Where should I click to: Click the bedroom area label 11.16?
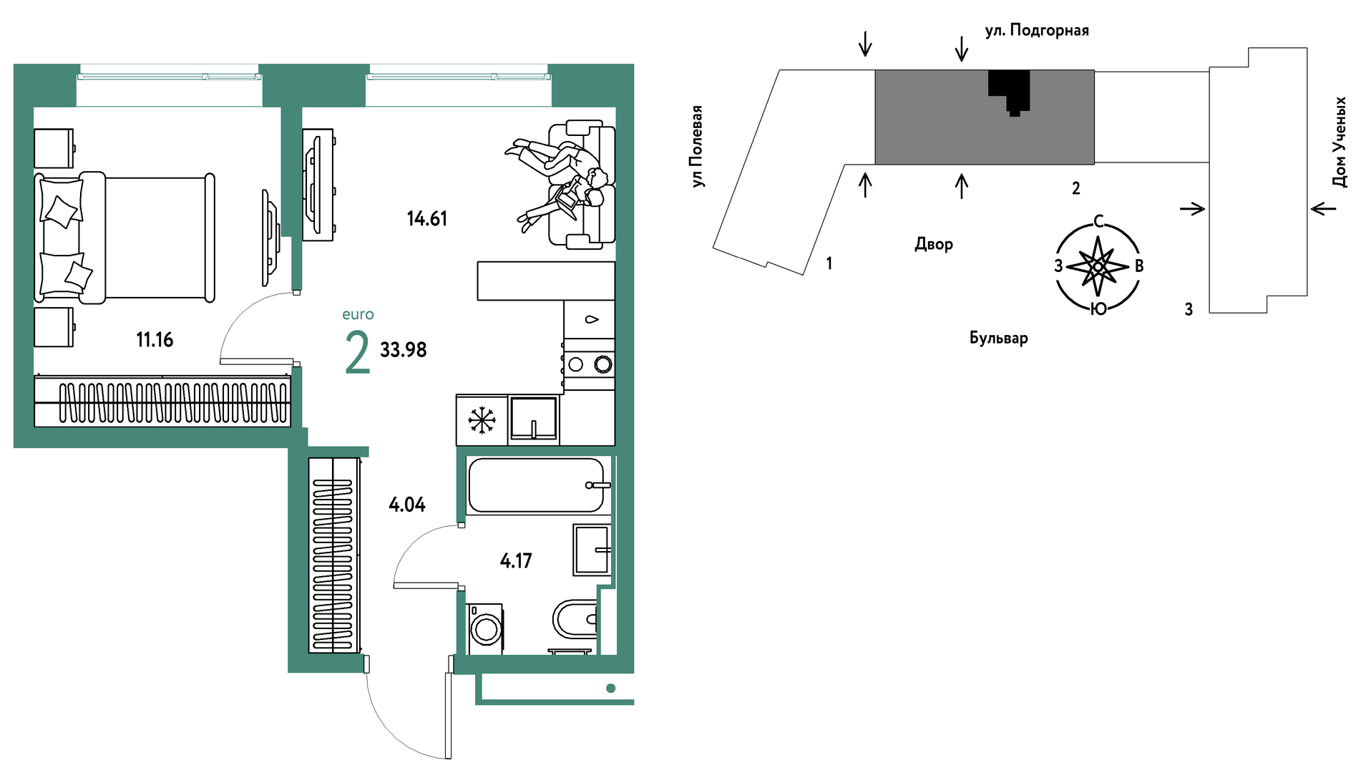pos(155,339)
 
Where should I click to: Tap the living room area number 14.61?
pos(427,218)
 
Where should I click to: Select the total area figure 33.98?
pos(404,349)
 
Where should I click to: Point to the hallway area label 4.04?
pos(407,505)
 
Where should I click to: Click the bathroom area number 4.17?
pos(516,560)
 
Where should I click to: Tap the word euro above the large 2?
pos(358,314)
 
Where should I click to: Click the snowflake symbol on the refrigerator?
pos(482,420)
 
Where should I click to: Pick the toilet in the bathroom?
pos(575,619)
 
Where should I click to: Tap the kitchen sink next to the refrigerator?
pos(534,419)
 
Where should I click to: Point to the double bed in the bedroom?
pos(125,238)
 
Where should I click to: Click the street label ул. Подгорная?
pos(1037,31)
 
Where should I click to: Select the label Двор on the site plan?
pos(934,244)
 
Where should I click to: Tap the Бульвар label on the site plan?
pos(999,338)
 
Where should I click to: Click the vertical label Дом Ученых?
pos(1340,142)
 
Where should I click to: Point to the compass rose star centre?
pos(1098,266)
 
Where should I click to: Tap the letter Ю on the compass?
pos(1098,308)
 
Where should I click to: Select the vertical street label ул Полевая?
pos(696,146)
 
